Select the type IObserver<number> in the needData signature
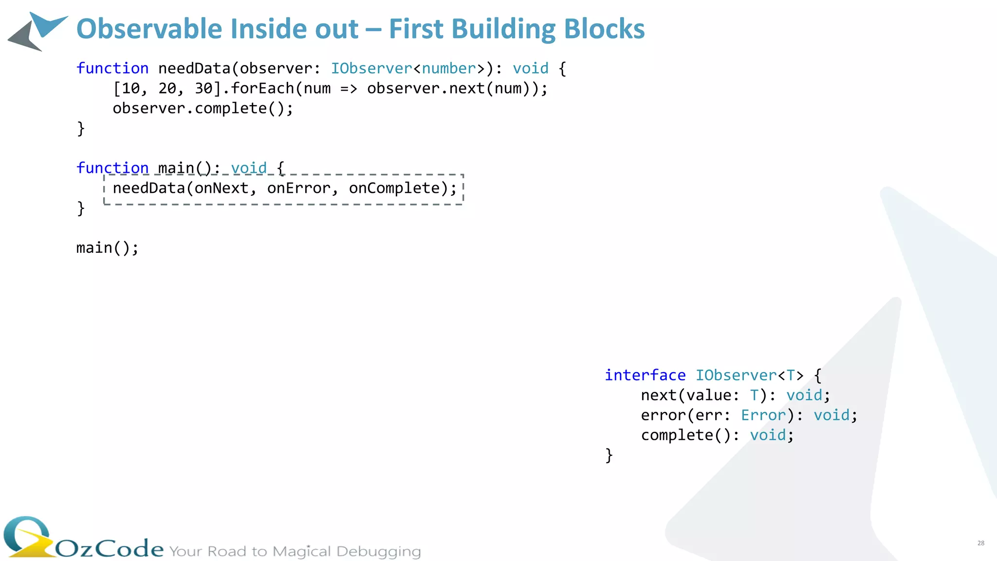pos(408,68)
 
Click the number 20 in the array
pos(167,89)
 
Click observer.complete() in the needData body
pos(203,109)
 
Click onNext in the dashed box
pos(222,188)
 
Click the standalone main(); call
pos(107,248)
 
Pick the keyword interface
pos(645,375)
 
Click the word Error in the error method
pos(763,415)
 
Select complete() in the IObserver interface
pos(686,435)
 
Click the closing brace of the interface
pos(609,455)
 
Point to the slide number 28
pos(980,543)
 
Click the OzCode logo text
pos(110,549)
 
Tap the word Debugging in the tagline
pos(378,551)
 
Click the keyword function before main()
pos(112,168)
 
